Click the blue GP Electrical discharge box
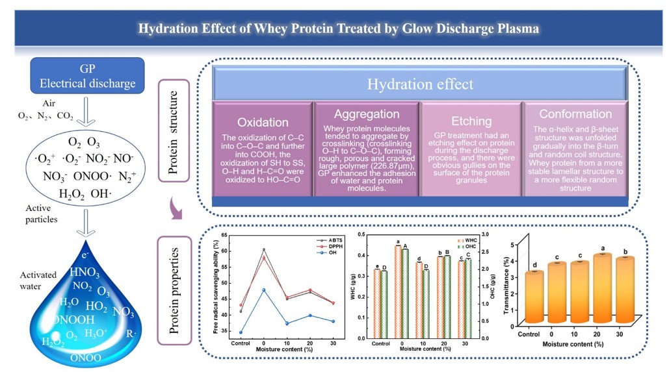(88, 75)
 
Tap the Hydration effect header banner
(420, 84)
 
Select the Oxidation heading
(263, 122)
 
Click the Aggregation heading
(366, 114)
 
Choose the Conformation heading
(575, 114)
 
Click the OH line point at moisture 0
(263, 290)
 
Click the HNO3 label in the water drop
(85, 272)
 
